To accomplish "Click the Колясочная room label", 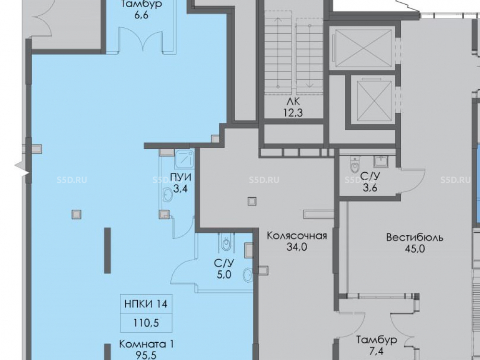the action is pos(297,236).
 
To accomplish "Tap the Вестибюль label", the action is pos(415,238).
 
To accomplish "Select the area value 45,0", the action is pos(415,249).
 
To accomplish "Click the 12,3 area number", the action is pos(293,113).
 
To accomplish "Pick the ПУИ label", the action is pos(180,177).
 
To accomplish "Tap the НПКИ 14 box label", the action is pos(146,304).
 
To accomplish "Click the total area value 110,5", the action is pos(146,323).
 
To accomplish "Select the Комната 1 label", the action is pos(146,344).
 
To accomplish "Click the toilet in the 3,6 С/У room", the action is pos(354,165).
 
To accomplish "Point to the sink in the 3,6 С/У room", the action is pos(381,161).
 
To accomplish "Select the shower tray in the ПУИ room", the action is pos(185,159).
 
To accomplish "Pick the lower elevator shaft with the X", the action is pos(374,100).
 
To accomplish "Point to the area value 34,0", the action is pos(297,247).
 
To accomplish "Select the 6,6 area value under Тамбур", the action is pos(142,15).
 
